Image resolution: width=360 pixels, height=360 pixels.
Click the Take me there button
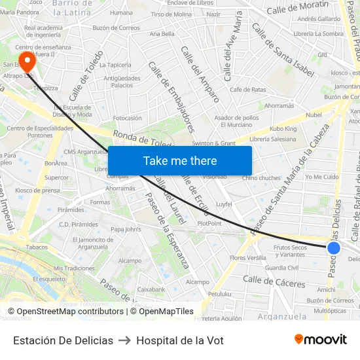click(180, 160)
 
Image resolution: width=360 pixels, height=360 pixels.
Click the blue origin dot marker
click(334, 247)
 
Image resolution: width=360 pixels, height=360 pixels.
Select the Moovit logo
click(321, 339)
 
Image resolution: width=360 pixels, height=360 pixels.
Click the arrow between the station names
click(124, 341)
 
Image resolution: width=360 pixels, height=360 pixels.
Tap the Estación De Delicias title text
click(63, 341)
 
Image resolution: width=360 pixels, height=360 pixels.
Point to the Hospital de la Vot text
click(180, 341)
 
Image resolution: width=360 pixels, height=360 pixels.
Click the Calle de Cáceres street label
click(274, 282)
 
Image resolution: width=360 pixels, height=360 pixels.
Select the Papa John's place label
click(126, 229)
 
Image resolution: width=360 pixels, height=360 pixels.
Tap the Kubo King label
click(283, 129)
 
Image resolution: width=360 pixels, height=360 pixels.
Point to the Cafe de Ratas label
click(247, 89)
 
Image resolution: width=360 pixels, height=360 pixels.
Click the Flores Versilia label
click(248, 258)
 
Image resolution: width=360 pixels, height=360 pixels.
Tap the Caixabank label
click(151, 289)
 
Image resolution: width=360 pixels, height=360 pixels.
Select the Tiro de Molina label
click(171, 14)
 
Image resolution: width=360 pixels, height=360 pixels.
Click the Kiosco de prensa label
click(37, 190)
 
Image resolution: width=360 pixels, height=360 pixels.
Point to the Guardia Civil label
click(282, 267)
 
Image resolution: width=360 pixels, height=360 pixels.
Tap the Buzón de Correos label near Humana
click(117, 27)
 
